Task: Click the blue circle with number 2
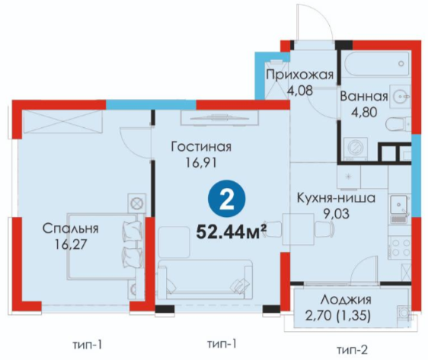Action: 226,199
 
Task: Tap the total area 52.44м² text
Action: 232,232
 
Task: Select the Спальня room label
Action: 70,228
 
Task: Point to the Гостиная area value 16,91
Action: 201,163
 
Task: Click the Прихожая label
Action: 300,75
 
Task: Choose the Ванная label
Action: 364,96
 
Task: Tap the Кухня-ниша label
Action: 336,199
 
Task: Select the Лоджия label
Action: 346,300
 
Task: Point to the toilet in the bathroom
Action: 398,124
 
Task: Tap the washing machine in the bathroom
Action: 356,148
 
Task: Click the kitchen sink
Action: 399,205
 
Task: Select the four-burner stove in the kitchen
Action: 400,247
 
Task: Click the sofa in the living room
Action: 206,279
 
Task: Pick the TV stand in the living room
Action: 219,118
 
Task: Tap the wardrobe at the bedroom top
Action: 62,122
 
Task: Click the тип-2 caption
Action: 353,349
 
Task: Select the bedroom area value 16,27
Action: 70,244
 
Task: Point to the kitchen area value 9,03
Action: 336,214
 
